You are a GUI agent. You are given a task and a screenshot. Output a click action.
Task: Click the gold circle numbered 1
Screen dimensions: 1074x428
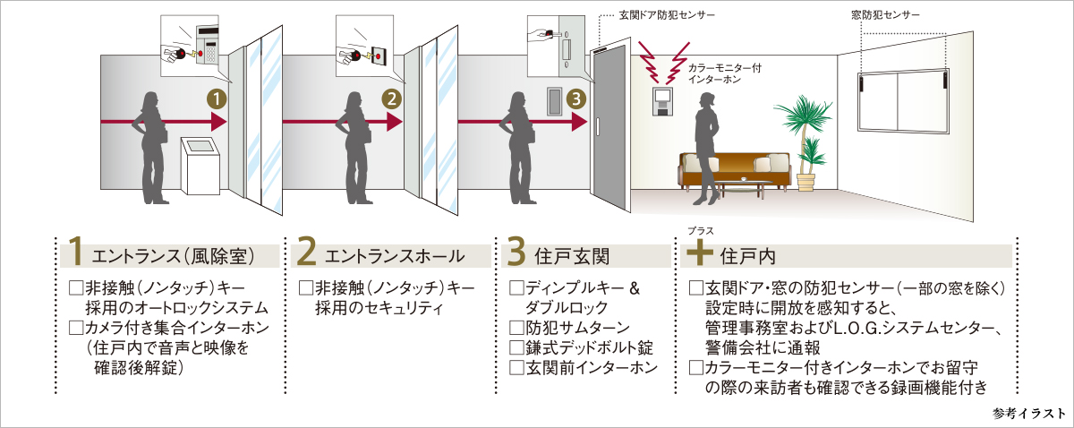coord(217,99)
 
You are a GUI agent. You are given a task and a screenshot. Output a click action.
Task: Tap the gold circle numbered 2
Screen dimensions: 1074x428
coord(392,99)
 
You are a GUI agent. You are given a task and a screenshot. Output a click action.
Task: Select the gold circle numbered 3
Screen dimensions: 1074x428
coord(576,99)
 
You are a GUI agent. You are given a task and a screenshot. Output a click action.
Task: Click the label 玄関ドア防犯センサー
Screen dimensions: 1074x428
coord(667,15)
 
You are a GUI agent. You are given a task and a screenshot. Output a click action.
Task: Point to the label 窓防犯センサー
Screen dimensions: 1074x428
coord(885,15)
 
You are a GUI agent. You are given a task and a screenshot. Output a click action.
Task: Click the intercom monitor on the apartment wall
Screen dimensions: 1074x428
coord(662,101)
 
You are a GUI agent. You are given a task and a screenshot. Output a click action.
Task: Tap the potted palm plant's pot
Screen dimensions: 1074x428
coord(806,183)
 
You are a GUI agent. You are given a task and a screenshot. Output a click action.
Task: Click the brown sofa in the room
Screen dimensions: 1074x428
coord(734,170)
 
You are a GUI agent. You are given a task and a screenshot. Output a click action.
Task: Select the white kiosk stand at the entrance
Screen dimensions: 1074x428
coord(200,166)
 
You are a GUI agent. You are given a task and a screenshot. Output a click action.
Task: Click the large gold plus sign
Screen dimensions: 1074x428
coord(700,252)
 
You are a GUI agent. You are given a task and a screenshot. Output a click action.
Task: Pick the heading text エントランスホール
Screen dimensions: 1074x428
coord(395,256)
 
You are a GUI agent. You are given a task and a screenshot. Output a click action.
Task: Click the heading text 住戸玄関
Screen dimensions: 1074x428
coord(572,256)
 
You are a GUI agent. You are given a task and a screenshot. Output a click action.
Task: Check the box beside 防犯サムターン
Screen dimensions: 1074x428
coord(516,328)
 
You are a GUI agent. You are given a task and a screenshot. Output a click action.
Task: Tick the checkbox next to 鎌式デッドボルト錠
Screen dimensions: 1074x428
coord(516,348)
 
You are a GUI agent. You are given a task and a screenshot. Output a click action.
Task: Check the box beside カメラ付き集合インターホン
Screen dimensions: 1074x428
coord(76,328)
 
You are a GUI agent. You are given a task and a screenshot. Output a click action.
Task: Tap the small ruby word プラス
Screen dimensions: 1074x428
coord(701,231)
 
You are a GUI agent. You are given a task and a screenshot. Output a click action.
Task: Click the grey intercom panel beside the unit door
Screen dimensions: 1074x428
coord(555,101)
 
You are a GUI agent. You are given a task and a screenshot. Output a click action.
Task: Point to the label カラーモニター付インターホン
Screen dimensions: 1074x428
coord(724,73)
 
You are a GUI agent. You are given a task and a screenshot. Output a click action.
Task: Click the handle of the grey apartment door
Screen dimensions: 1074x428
coord(598,125)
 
